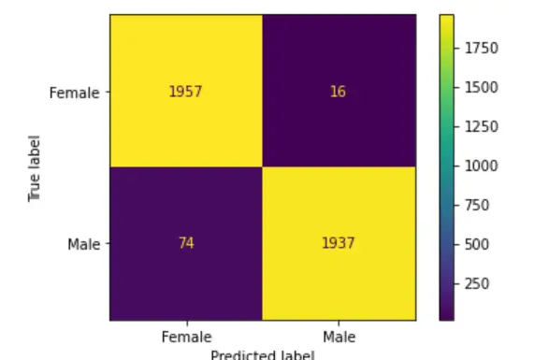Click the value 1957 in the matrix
186,93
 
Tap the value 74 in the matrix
186,244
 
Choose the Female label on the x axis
186,335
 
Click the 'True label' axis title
36,168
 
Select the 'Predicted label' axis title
262,354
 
